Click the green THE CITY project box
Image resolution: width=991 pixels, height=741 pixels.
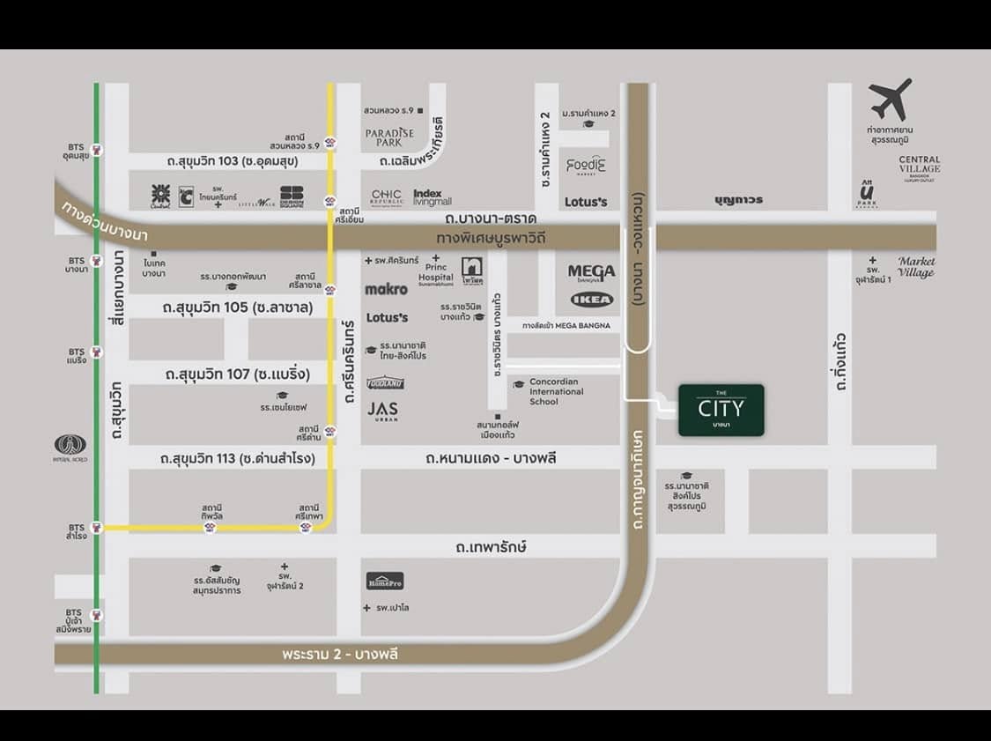click(x=721, y=410)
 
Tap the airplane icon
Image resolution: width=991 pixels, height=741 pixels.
click(x=890, y=100)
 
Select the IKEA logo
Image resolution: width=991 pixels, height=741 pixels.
click(x=591, y=300)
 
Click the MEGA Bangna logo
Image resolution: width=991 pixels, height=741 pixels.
click(x=591, y=273)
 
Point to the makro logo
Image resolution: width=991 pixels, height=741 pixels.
click(x=386, y=289)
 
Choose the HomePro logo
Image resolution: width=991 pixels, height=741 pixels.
click(x=385, y=581)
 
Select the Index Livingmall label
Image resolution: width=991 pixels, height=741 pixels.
click(x=432, y=197)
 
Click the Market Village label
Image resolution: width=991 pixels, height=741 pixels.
click(x=916, y=266)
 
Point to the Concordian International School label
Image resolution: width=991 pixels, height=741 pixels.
click(x=556, y=392)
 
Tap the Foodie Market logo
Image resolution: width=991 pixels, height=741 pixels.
click(x=586, y=166)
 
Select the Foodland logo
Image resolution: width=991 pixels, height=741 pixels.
click(x=385, y=383)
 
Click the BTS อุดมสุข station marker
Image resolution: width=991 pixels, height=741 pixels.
click(x=97, y=151)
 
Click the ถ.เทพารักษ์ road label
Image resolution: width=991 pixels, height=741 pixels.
click(x=491, y=547)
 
